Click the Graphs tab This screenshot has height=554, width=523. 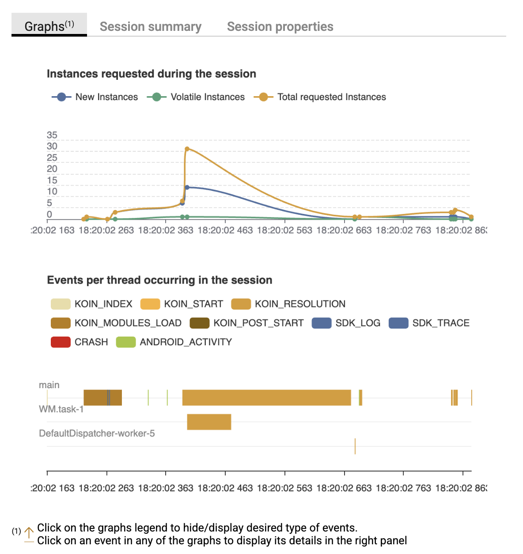tap(49, 26)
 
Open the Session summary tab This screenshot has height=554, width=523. tap(150, 26)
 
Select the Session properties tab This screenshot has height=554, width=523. tap(280, 26)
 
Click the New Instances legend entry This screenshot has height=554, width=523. tap(95, 97)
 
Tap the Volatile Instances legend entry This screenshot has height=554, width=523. tap(196, 97)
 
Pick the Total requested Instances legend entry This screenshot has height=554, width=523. tap(320, 97)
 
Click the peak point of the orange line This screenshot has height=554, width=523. tap(187, 149)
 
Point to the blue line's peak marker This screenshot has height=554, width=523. tap(187, 187)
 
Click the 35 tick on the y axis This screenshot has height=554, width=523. tap(52, 135)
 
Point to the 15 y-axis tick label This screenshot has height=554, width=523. tap(52, 180)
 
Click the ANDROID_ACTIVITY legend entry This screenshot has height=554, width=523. tap(174, 342)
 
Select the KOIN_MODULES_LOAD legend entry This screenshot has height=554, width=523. tap(116, 323)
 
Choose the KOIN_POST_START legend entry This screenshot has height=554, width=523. tap(246, 323)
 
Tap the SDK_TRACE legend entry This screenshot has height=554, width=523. tap(429, 323)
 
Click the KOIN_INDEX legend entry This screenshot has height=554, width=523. tap(92, 304)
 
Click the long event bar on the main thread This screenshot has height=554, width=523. tap(266, 397)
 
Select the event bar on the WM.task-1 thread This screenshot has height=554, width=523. tap(209, 422)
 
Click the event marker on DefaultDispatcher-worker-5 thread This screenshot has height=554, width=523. tap(355, 446)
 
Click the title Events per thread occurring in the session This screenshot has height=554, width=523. tap(159, 280)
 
